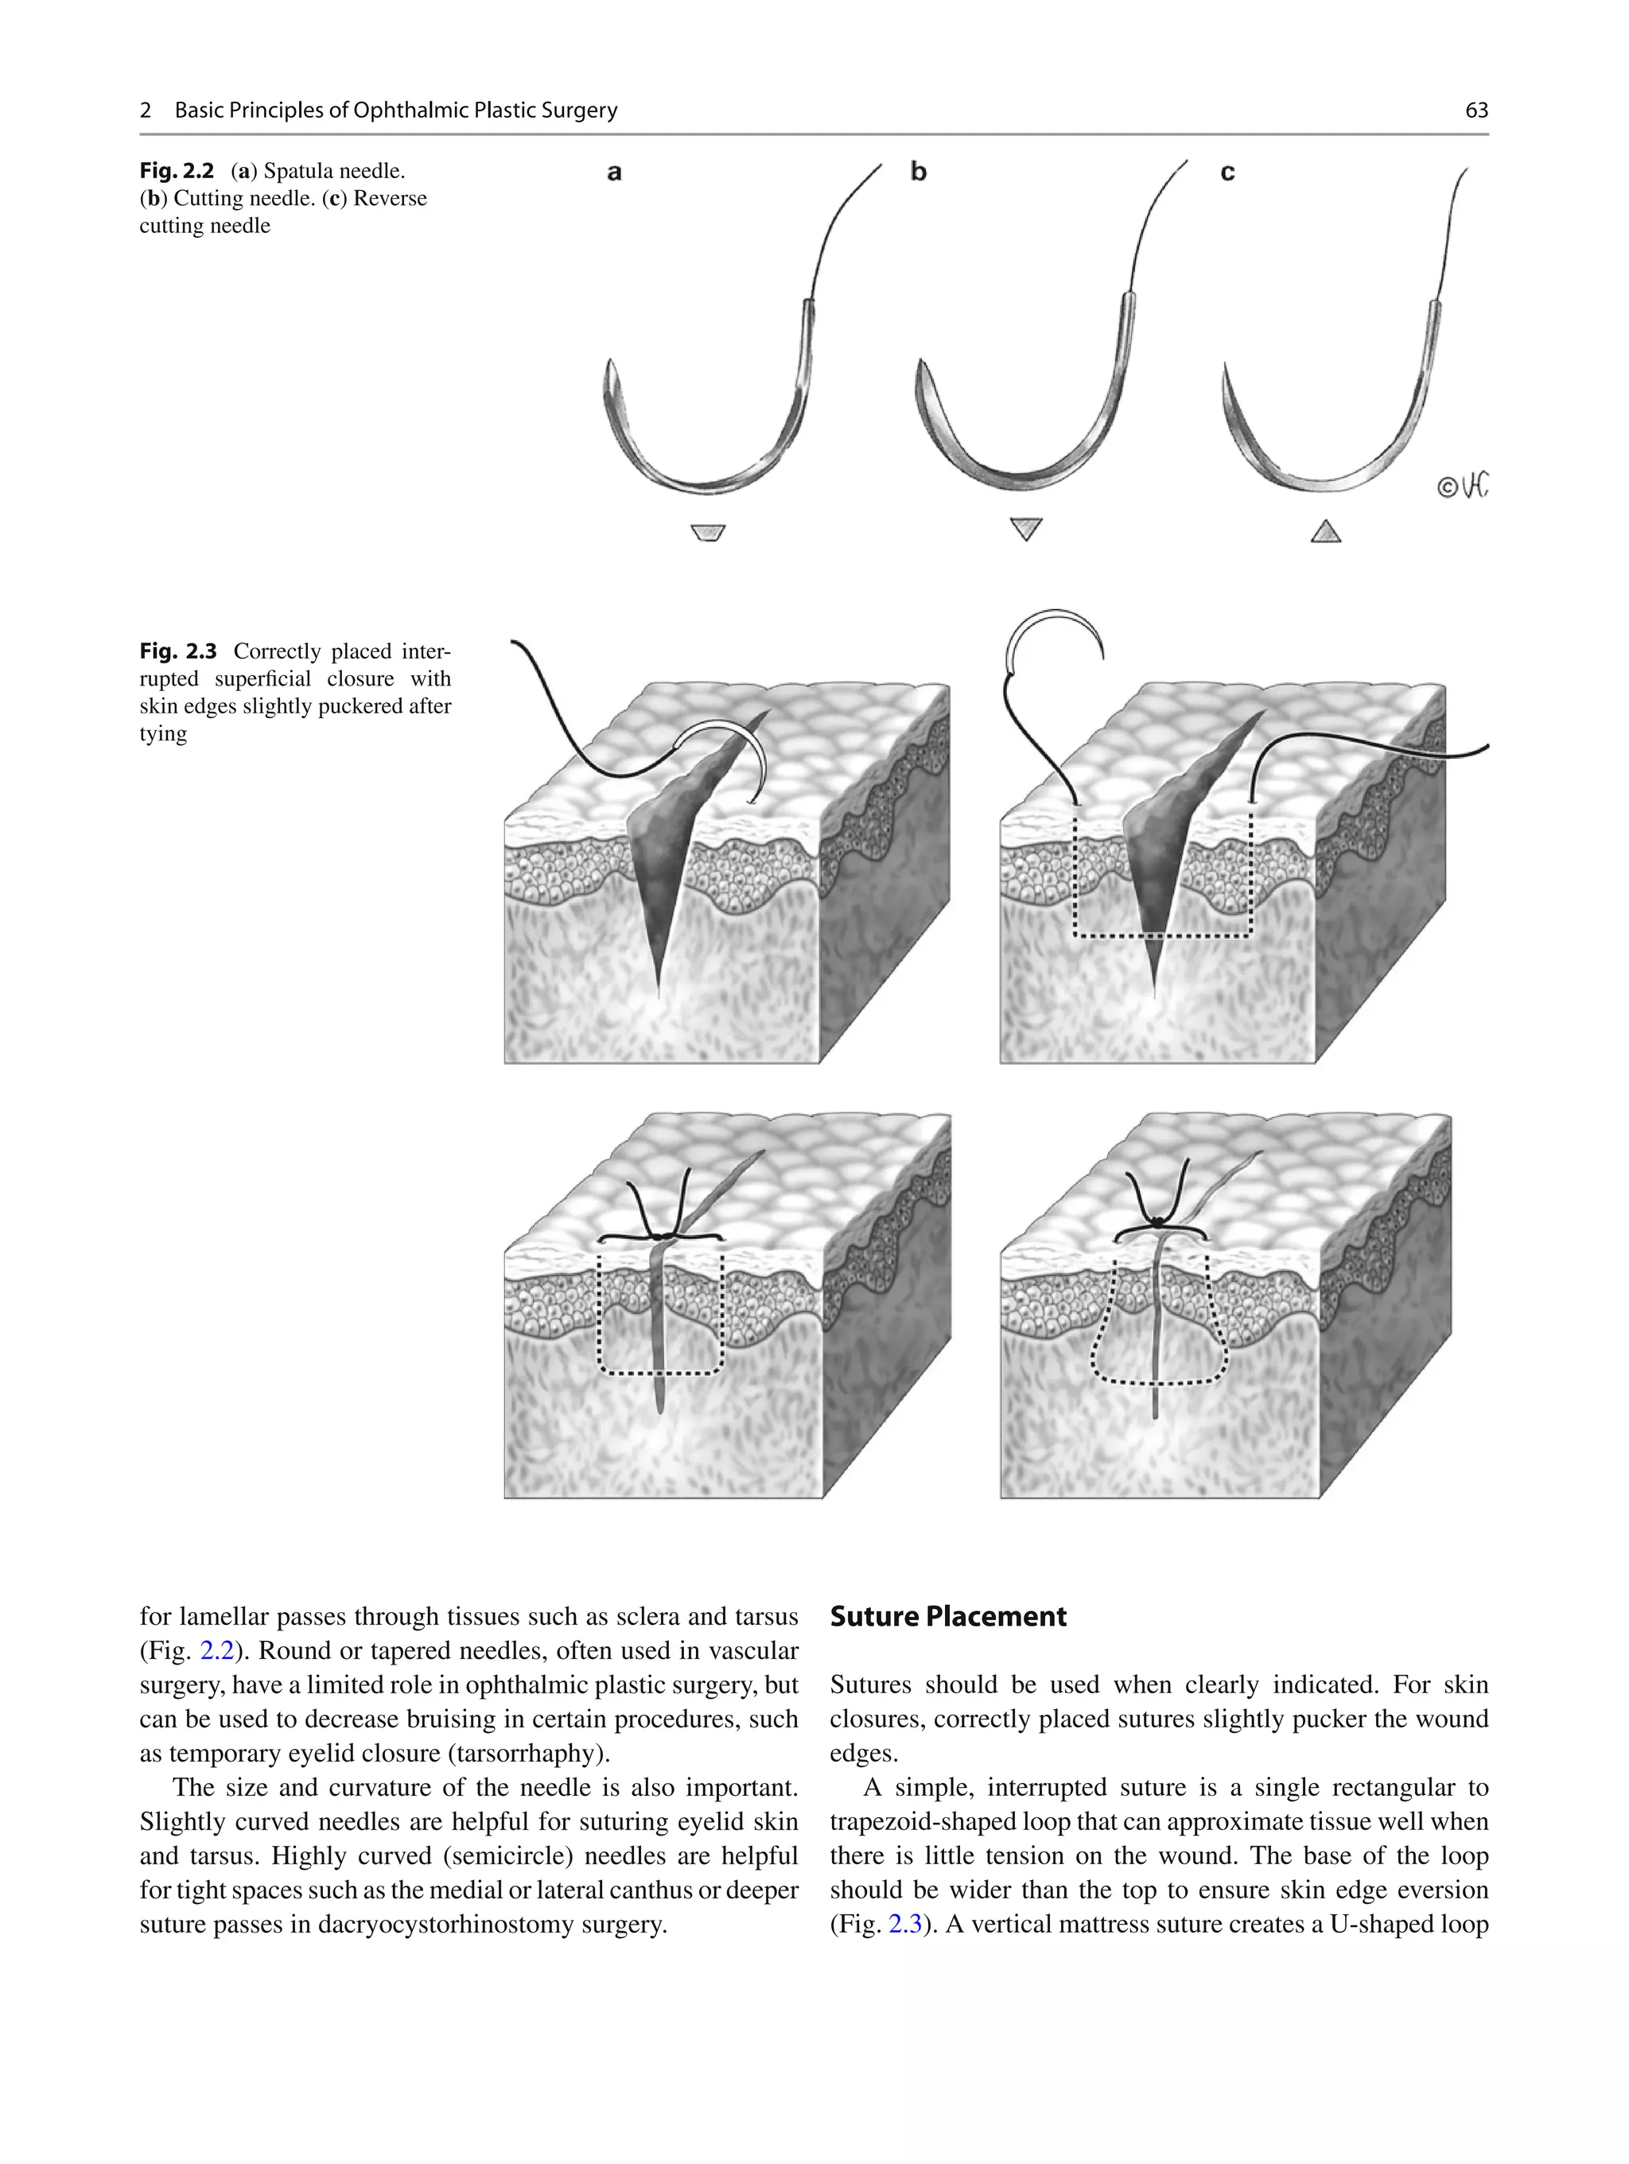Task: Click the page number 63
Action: tap(1475, 111)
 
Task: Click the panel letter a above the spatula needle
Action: tap(613, 173)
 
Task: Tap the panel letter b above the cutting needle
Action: tap(918, 171)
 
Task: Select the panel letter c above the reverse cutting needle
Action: tap(1227, 173)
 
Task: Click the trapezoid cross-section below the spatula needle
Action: tap(707, 533)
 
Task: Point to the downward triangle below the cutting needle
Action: tap(1025, 528)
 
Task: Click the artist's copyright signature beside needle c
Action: tap(1462, 485)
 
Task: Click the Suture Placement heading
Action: tap(947, 1616)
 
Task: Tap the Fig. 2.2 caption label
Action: tap(176, 171)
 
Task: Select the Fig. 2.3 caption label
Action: tap(177, 651)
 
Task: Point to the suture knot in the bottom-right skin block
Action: tap(1157, 1222)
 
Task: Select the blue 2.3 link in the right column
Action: tap(904, 1925)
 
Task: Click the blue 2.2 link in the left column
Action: tap(216, 1650)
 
